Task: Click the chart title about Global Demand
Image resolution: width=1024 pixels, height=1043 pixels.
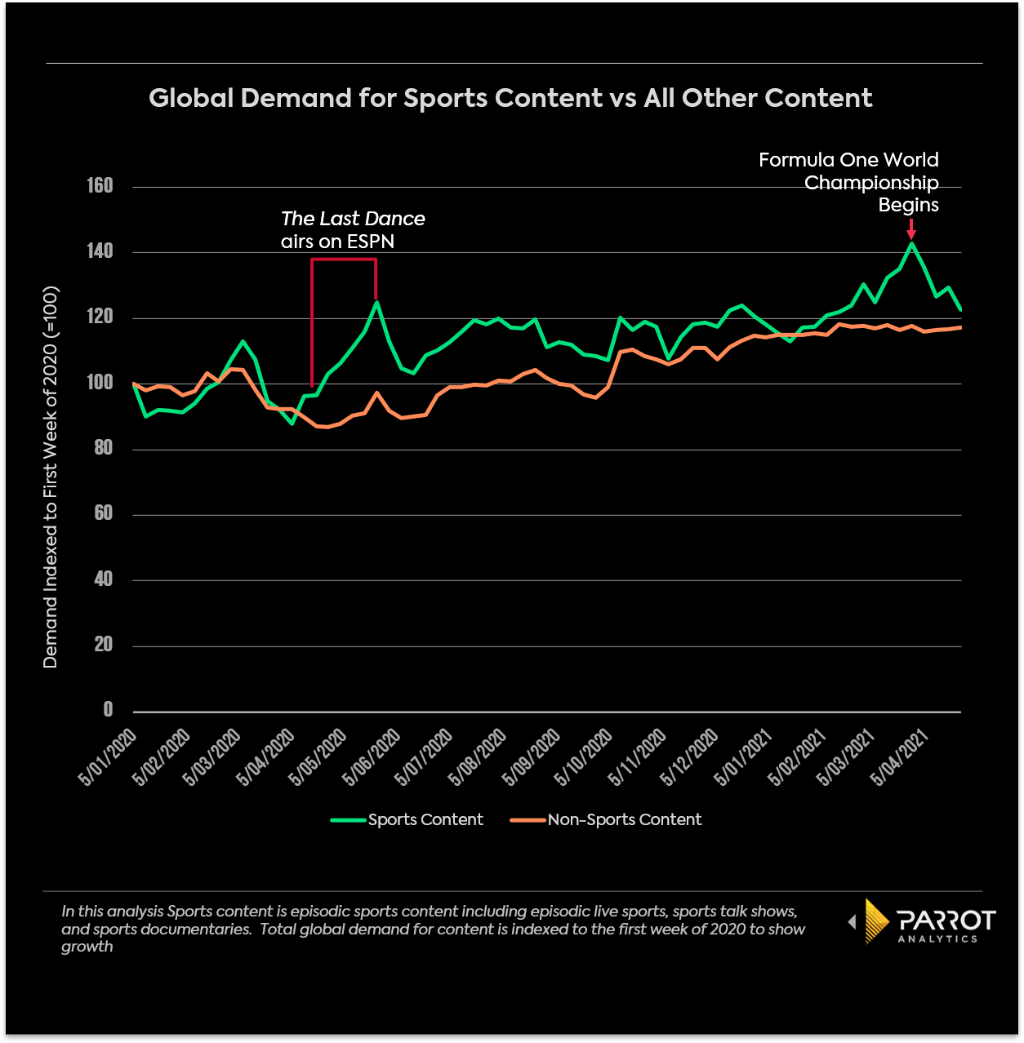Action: click(x=510, y=98)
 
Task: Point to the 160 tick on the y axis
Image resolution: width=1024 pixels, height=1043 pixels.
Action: click(x=100, y=186)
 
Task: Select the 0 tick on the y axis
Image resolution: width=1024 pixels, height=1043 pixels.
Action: click(x=108, y=710)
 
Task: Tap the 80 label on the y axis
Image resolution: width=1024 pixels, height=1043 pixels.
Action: click(x=103, y=448)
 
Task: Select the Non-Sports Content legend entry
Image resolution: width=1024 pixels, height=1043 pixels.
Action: click(x=606, y=819)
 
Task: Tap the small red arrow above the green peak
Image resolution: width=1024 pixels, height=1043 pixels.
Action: click(x=911, y=229)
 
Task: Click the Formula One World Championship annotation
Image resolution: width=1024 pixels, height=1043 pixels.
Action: click(x=849, y=182)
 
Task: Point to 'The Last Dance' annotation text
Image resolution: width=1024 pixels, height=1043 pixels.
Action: click(x=353, y=219)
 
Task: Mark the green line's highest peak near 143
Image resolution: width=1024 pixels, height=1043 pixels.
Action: click(x=911, y=243)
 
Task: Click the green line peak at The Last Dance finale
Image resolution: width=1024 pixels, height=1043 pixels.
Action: click(x=376, y=302)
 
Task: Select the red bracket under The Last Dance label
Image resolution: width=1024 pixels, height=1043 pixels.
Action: click(x=343, y=260)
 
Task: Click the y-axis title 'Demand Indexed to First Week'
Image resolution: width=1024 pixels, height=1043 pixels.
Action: click(x=51, y=477)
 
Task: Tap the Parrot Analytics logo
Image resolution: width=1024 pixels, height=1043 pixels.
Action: click(x=924, y=922)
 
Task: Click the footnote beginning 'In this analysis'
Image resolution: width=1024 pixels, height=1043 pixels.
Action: click(x=433, y=929)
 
